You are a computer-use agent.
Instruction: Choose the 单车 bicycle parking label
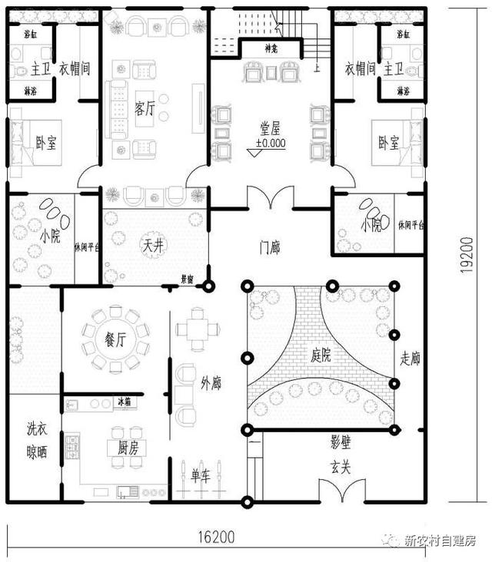201,475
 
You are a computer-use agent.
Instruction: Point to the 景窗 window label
187,280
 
